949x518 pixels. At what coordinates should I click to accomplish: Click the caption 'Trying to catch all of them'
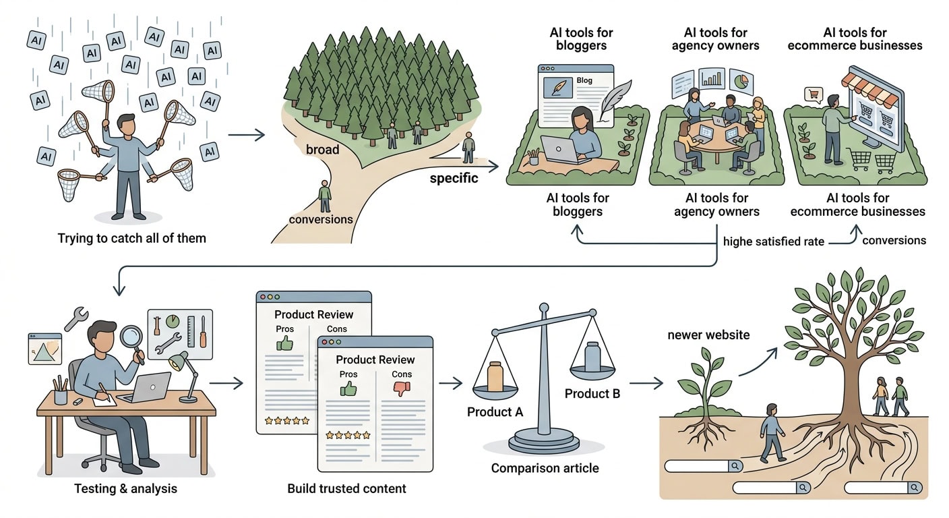pos(131,238)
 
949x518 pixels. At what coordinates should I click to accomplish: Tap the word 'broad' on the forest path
pos(322,150)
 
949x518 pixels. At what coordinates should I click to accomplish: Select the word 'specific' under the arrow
pos(454,179)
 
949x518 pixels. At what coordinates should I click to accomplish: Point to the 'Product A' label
pos(495,412)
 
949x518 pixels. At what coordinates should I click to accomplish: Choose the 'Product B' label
pos(592,394)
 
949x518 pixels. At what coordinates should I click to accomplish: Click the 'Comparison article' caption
pos(545,468)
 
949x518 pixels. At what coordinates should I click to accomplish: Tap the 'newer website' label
pos(708,335)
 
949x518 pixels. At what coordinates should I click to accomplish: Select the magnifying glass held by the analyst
pos(133,340)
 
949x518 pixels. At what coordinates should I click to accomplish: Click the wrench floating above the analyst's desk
pos(76,318)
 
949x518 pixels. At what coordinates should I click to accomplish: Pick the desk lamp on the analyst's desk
pos(185,376)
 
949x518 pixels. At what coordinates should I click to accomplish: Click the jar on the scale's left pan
pos(495,376)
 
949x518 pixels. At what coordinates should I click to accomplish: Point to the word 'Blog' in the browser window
pos(584,80)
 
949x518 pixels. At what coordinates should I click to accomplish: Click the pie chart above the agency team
pos(741,82)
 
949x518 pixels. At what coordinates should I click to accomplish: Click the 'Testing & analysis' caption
pos(126,489)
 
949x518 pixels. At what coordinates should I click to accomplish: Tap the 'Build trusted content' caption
pos(346,489)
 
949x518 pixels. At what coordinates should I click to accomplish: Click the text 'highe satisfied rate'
pos(774,241)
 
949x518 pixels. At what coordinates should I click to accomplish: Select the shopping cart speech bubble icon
pos(814,94)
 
